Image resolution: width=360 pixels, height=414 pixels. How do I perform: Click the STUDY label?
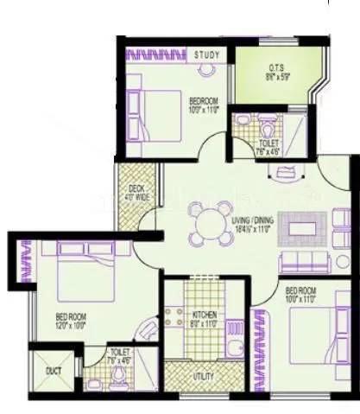click(206, 56)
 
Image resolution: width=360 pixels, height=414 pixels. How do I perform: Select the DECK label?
click(136, 188)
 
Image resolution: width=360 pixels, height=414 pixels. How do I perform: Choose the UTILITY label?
click(205, 377)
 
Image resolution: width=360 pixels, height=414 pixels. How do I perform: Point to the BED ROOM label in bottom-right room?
click(302, 290)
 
